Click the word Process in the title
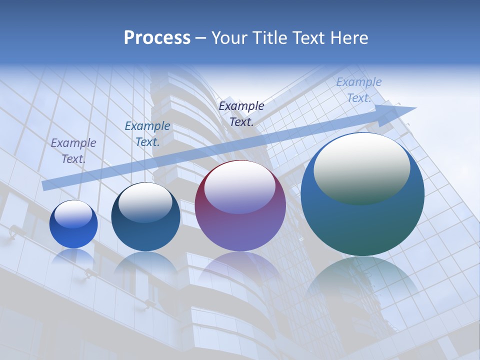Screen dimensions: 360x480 [x=157, y=38]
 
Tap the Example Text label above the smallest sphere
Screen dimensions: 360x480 [x=73, y=150]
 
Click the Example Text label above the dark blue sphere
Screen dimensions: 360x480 [x=147, y=134]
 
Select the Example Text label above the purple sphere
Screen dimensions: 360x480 [x=241, y=113]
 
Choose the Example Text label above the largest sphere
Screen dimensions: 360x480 [x=359, y=90]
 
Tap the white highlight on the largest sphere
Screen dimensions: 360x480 [x=362, y=167]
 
